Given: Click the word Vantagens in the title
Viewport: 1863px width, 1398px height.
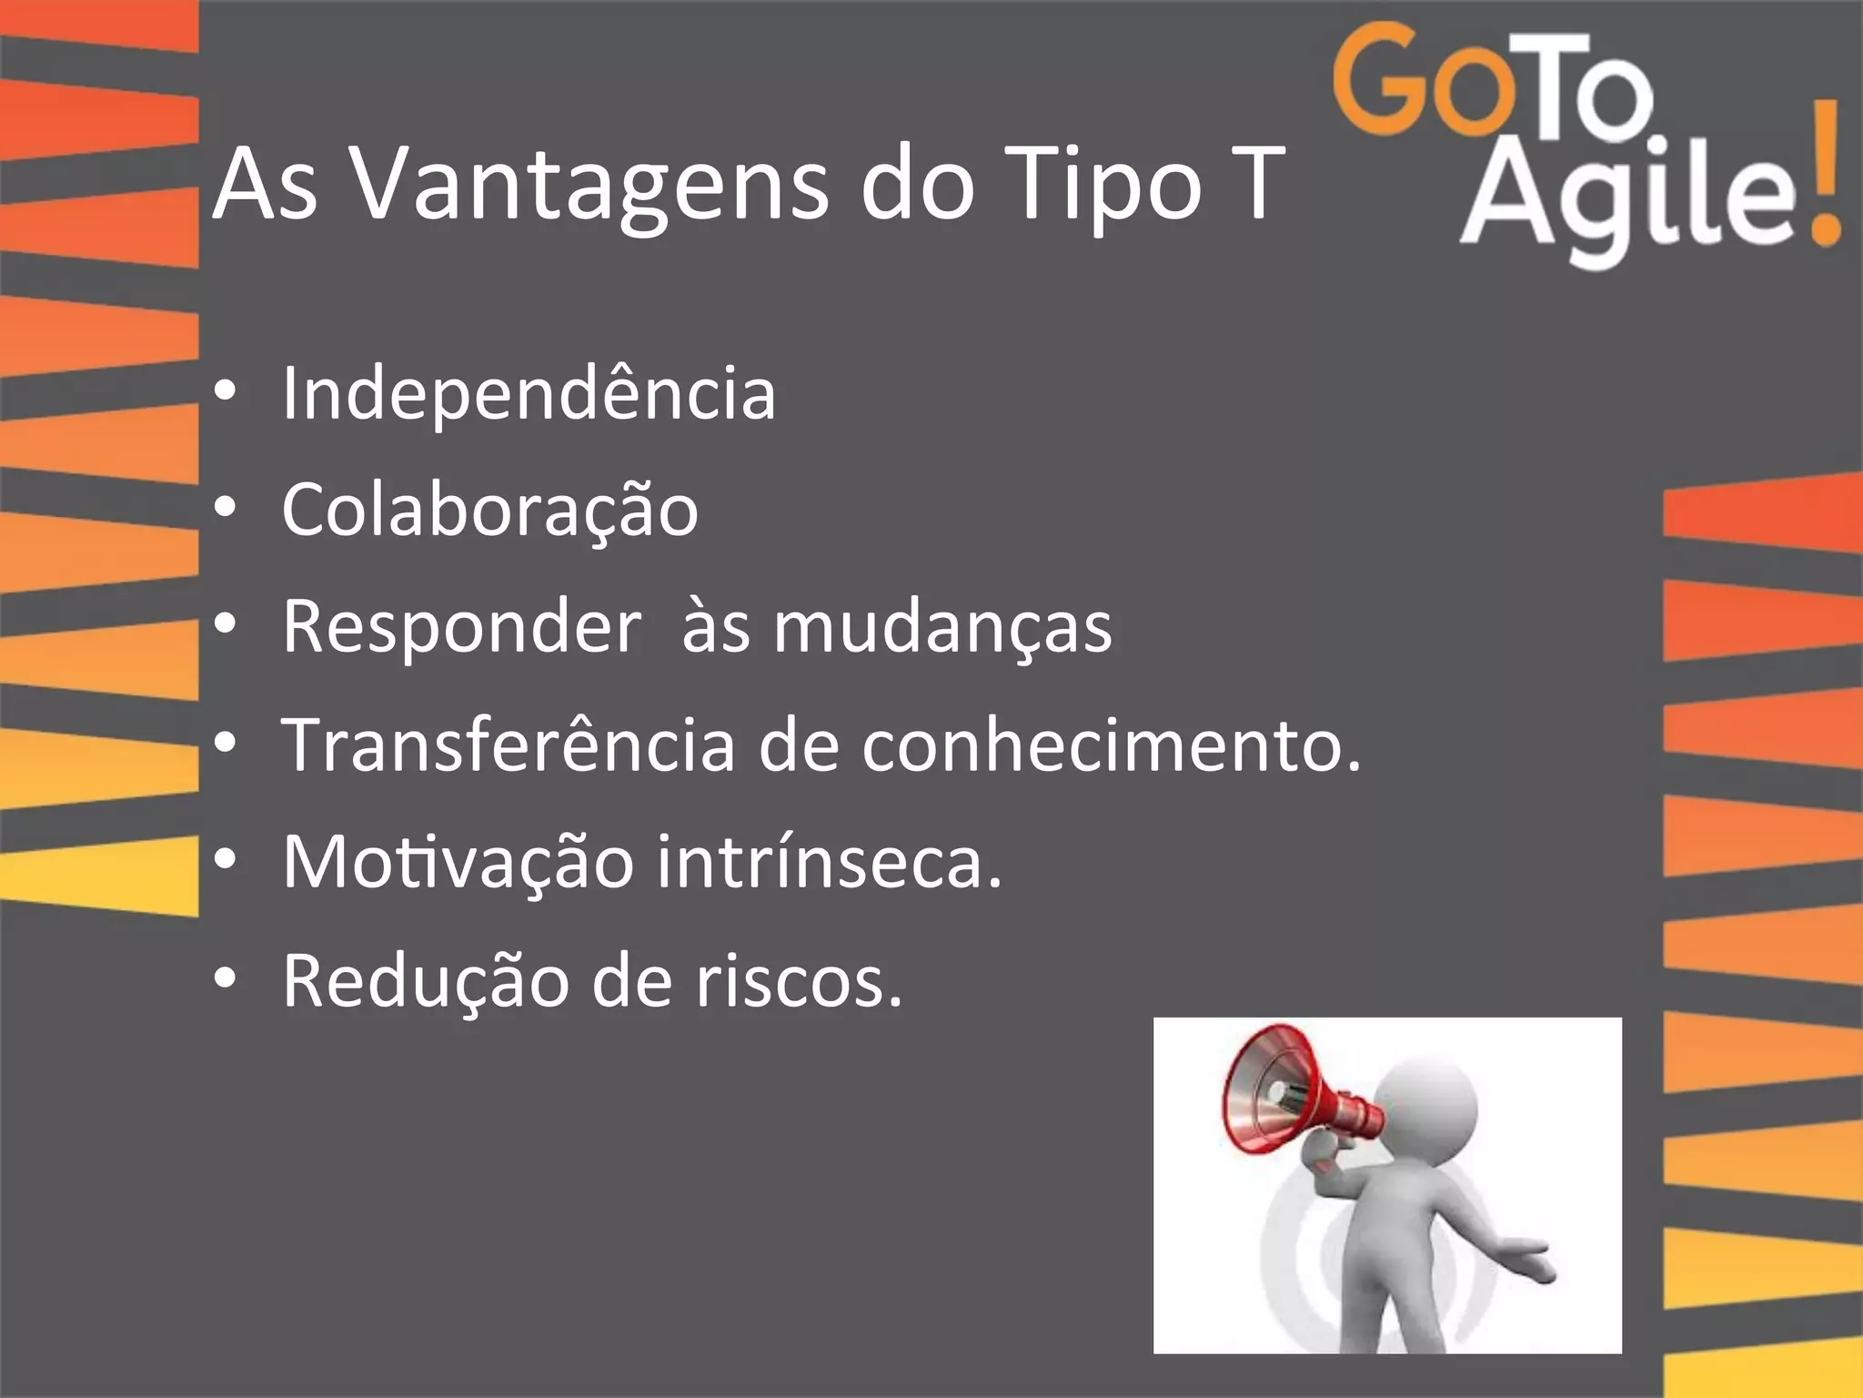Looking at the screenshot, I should tap(589, 186).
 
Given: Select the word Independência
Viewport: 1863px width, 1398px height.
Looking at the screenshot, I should tap(529, 393).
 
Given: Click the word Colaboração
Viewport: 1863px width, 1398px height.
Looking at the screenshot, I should tap(489, 510).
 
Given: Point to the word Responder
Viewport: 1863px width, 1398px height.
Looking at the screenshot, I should tap(461, 627).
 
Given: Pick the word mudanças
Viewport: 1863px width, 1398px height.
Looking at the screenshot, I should tap(942, 627).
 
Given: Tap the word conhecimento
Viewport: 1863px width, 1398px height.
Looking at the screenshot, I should tap(1111, 745).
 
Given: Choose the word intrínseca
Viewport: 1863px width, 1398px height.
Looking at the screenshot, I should tap(828, 861).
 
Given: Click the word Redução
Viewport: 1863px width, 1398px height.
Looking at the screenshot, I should tap(425, 980).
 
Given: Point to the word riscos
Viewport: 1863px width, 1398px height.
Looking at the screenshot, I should tap(799, 980).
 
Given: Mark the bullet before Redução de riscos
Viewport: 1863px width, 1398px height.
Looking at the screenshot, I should tap(225, 978).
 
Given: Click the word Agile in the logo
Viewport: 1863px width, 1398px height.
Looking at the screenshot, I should tap(1628, 196).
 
